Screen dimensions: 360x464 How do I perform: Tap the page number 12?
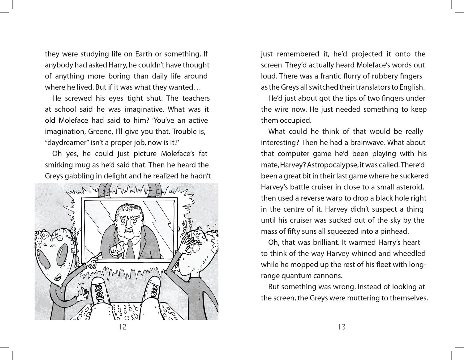click(122, 327)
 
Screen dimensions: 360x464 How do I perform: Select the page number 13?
click(342, 327)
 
